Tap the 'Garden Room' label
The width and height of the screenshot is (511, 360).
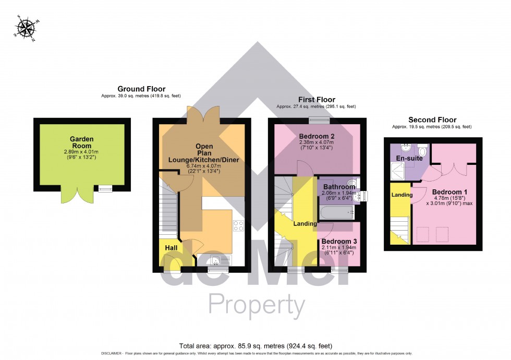(82, 142)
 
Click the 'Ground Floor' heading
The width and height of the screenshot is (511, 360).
(141, 89)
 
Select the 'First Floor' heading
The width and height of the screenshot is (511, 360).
(317, 99)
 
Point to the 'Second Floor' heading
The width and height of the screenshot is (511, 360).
(432, 119)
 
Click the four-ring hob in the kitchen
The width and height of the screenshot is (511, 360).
(238, 226)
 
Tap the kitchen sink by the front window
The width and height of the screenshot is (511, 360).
(215, 262)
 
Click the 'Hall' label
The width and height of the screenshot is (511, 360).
(171, 247)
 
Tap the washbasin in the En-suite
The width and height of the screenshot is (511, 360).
(404, 148)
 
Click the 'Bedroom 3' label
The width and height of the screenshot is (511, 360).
(338, 242)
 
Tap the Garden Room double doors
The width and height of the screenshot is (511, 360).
(73, 196)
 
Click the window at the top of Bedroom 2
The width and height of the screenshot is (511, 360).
(317, 121)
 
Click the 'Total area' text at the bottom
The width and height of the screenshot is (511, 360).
(256, 345)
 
